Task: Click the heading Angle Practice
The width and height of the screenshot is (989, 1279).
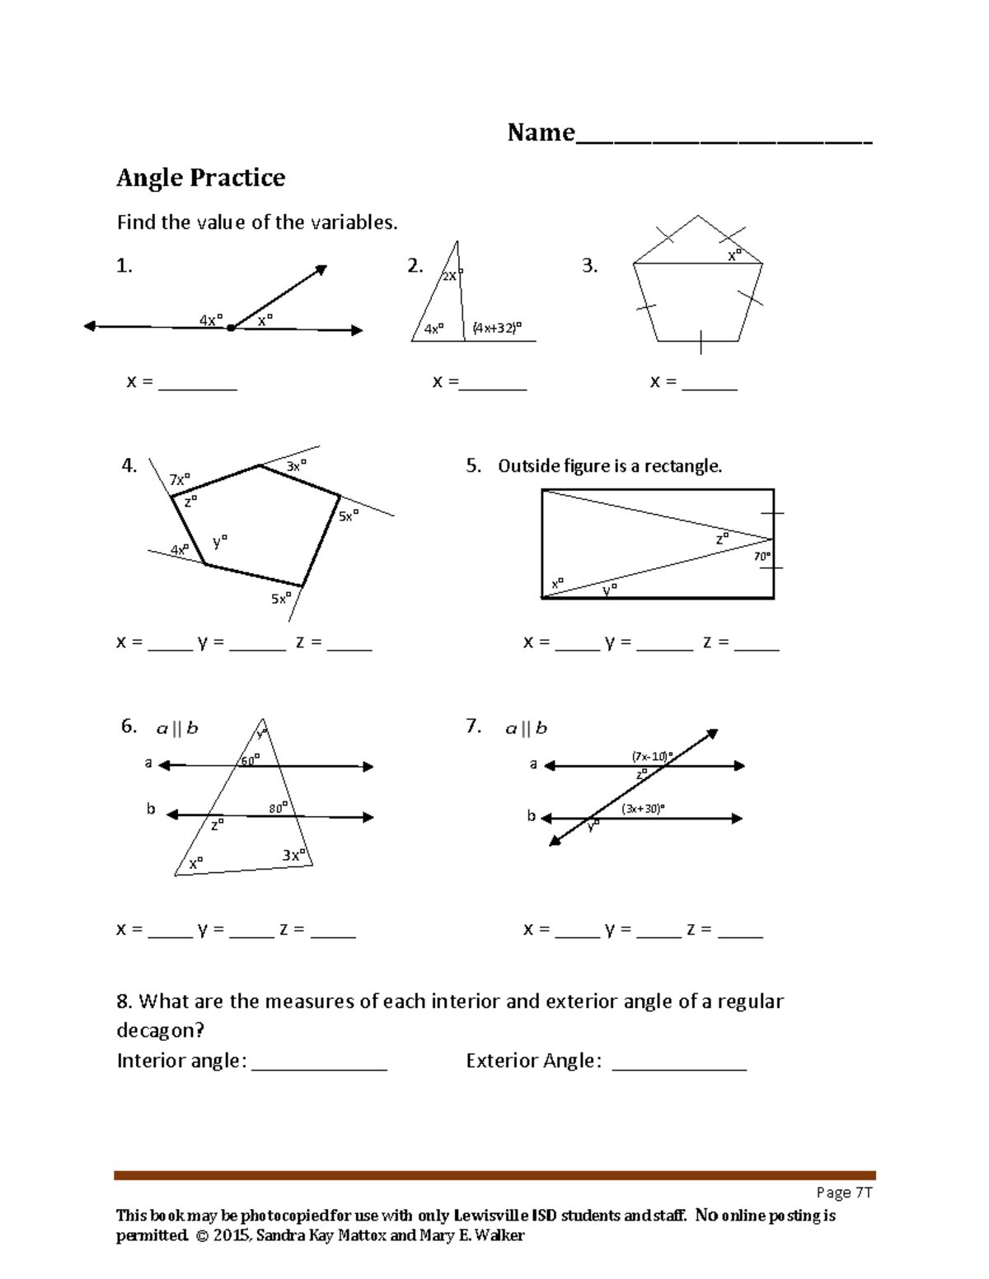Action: (200, 178)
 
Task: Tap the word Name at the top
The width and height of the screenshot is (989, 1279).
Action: (541, 133)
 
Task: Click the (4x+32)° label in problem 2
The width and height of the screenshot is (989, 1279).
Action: (497, 328)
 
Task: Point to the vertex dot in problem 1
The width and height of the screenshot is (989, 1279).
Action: (231, 328)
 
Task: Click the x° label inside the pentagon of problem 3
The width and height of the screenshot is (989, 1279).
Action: (734, 255)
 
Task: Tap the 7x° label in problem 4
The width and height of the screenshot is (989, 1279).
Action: (179, 479)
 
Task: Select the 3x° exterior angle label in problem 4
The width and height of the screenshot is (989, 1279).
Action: (296, 466)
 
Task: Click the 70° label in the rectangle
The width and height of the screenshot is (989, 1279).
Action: (762, 557)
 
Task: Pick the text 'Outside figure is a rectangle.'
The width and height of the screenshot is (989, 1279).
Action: (610, 466)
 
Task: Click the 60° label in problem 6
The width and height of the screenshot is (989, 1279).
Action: (250, 760)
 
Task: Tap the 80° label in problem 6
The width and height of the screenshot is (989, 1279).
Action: (279, 809)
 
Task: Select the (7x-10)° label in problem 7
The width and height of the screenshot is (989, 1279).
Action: (652, 756)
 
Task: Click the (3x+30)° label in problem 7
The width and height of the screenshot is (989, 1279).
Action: (643, 809)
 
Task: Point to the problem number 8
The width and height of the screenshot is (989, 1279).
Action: (124, 1001)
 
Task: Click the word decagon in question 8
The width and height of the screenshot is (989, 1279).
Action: (160, 1031)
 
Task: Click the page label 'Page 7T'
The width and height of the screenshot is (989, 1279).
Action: (844, 1193)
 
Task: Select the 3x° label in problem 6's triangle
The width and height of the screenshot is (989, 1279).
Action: (293, 855)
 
